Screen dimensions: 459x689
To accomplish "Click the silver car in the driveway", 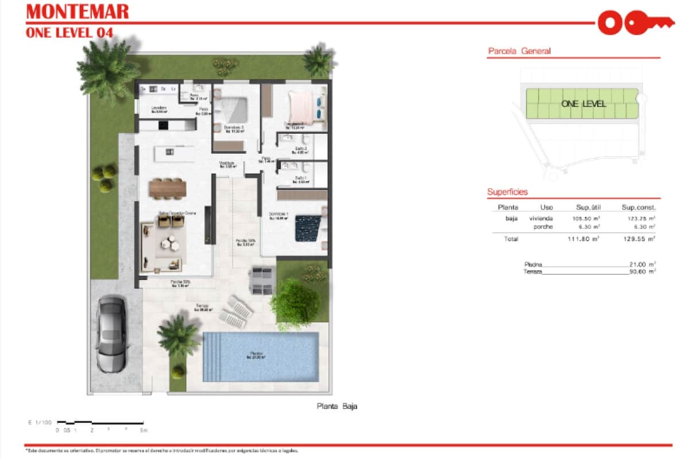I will (111, 334).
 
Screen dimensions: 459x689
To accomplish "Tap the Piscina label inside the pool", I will (256, 355).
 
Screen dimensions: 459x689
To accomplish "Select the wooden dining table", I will (168, 188).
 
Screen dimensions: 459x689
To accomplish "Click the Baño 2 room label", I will (301, 150).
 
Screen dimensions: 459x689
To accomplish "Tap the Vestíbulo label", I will (228, 164).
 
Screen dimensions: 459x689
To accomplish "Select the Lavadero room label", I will (159, 109).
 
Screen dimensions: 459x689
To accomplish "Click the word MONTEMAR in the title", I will (78, 11).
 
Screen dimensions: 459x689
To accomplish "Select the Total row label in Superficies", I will (511, 239).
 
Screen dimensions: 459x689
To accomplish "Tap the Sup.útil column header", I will (587, 207).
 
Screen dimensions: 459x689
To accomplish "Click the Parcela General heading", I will (519, 51).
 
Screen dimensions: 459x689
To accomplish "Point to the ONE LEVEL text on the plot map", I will (583, 104).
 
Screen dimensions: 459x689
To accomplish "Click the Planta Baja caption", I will (337, 406).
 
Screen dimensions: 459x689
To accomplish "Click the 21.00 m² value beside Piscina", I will (642, 264).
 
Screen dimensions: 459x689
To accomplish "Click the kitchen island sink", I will (169, 151).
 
